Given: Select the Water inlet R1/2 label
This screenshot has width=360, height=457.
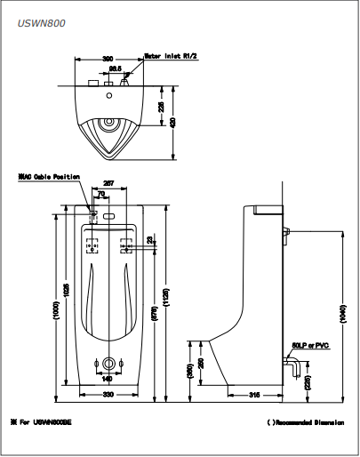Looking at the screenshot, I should point(172,54).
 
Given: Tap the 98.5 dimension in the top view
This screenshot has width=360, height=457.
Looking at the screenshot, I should point(115,67).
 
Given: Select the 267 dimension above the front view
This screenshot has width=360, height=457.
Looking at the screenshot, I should point(110,184).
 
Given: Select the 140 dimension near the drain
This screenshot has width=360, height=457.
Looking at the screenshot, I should point(108,378).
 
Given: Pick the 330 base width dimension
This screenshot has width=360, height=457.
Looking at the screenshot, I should point(108,393).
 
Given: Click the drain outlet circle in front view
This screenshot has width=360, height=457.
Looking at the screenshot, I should point(109,363).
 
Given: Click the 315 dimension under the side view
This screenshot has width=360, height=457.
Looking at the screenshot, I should point(254,393).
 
